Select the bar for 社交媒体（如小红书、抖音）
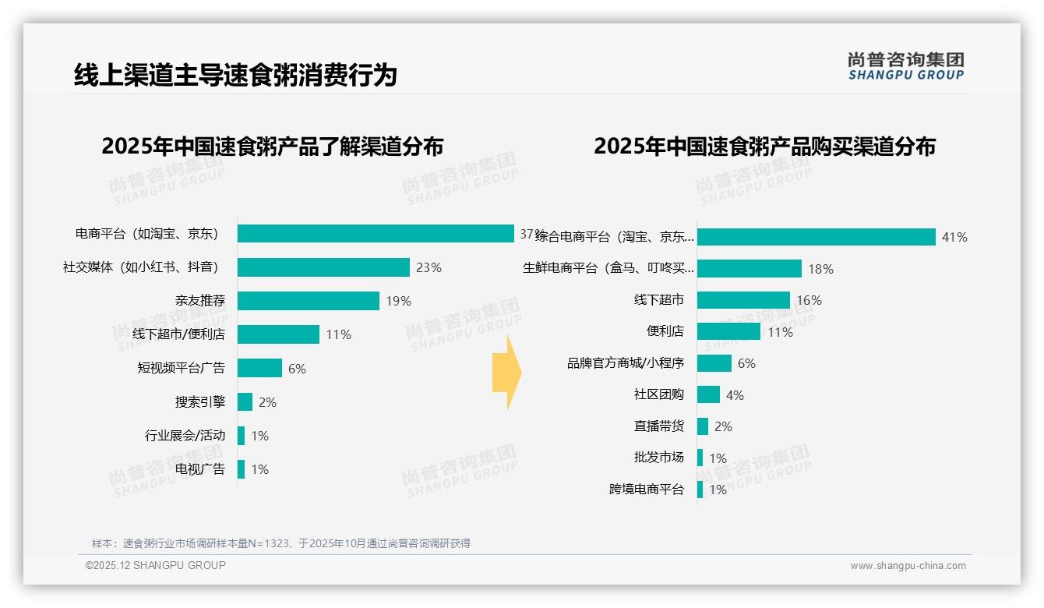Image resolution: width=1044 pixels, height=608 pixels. point(323,267)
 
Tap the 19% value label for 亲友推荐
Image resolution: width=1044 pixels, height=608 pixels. point(398,302)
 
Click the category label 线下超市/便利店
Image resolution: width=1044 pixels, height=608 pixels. point(178,334)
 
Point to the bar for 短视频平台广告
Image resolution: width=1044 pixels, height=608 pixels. point(259,368)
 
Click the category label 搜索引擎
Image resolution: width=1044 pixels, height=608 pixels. point(199,402)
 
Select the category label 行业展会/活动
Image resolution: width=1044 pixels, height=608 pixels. point(185,436)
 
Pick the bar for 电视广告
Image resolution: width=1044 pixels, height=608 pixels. point(241,469)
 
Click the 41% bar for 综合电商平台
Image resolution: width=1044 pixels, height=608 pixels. point(816,237)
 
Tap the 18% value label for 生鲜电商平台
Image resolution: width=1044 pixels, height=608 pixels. point(820,270)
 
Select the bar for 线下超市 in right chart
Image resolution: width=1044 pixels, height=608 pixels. point(743,300)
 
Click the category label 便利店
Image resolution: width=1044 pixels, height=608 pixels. point(665,331)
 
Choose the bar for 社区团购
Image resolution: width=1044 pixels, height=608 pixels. point(708,394)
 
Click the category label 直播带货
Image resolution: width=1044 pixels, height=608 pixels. point(658,426)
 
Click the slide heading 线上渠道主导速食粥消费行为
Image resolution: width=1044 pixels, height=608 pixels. point(235,75)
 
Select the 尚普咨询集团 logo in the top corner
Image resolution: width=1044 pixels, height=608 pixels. point(905,65)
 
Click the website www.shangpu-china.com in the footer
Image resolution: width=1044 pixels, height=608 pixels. point(908,566)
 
